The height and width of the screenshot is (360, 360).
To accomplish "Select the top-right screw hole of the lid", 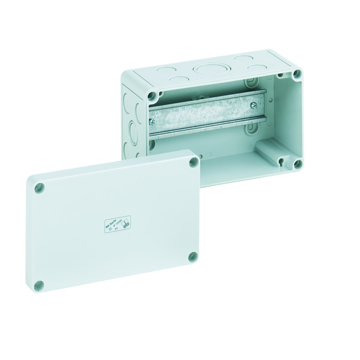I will pos(193,162).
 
